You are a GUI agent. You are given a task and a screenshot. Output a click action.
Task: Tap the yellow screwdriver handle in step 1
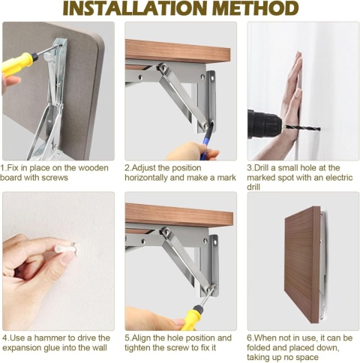click(17, 64)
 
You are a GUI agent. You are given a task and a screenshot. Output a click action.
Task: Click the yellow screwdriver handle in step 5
click(193, 319)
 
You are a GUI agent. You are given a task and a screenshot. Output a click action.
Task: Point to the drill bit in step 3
click(302, 128)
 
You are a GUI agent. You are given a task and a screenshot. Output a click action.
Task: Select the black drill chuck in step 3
click(265, 124)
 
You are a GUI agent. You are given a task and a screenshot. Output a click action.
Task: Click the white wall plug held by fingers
click(65, 249)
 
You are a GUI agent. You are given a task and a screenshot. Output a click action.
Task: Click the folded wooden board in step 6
click(302, 264)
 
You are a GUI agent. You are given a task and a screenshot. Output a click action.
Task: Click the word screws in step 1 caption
click(55, 178)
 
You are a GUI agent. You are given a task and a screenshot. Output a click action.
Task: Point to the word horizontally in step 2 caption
click(146, 178)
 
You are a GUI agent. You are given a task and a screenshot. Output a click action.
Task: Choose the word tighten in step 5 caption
click(136, 347)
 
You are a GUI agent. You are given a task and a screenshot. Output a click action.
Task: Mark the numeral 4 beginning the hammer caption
click(4, 338)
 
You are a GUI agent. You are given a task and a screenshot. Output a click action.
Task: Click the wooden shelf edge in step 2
click(178, 51)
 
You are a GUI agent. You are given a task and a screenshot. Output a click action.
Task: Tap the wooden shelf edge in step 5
click(179, 215)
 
